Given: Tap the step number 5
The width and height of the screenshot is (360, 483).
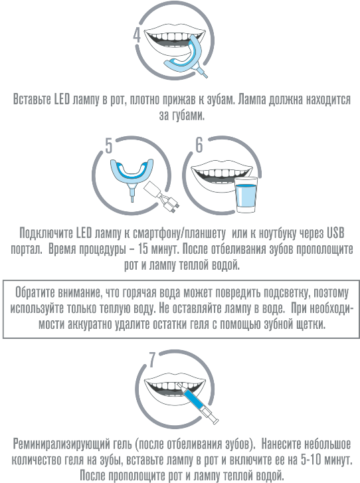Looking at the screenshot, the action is pyautogui.click(x=109, y=145).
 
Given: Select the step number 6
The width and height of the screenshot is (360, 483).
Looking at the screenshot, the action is pyautogui.click(x=199, y=145).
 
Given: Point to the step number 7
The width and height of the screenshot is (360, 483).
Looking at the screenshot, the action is pyautogui.click(x=152, y=360).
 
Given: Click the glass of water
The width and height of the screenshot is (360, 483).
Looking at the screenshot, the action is pyautogui.click(x=246, y=195).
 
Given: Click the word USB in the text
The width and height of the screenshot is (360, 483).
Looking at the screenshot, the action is pyautogui.click(x=335, y=233).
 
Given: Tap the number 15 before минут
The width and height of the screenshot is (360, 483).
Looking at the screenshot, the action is pyautogui.click(x=143, y=249).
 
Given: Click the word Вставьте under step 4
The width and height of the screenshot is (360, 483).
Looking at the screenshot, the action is pyautogui.click(x=33, y=100).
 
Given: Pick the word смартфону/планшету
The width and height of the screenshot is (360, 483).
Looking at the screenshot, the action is pyautogui.click(x=179, y=233).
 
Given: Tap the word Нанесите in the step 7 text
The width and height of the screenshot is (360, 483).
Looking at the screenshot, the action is pyautogui.click(x=282, y=444).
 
